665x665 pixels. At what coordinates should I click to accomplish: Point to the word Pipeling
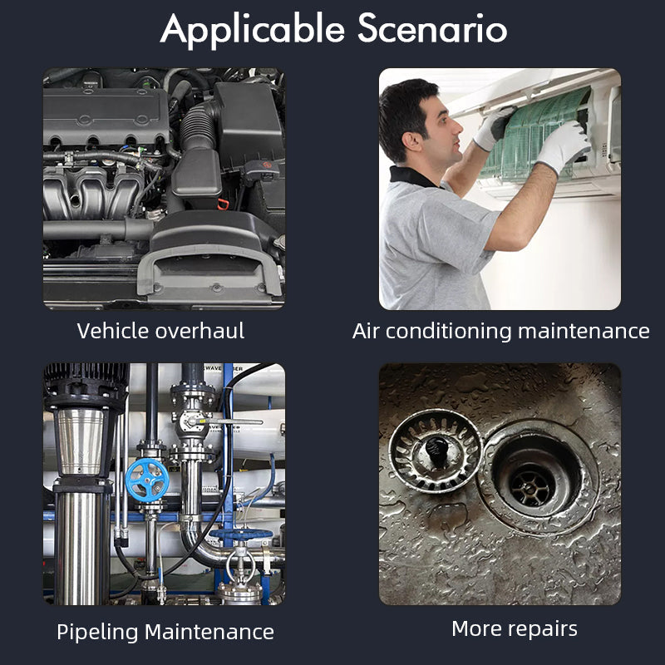pos(97,632)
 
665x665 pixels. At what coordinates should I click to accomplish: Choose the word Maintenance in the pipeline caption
pos(209,632)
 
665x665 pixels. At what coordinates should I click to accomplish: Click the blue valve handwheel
pos(146,480)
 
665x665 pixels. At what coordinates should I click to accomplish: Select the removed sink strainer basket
pos(435,452)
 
